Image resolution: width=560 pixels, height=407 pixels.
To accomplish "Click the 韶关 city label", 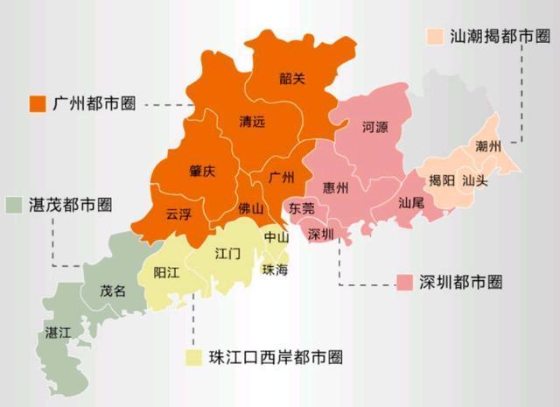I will (293, 79).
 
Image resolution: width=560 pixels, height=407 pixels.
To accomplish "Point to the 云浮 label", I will (178, 213).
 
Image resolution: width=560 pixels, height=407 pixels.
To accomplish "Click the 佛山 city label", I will (250, 209).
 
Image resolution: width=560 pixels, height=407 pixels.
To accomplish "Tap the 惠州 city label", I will (335, 187).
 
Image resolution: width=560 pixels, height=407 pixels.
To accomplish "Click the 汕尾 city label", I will (411, 201).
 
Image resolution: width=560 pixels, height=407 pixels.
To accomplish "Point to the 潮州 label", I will (487, 146).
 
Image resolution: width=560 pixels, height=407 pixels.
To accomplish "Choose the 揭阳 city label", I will (441, 181).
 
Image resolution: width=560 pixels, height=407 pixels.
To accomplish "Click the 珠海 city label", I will (274, 270).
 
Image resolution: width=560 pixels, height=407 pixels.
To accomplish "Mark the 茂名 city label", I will (113, 291).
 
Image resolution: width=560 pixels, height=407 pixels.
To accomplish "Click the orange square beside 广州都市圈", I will (38, 103).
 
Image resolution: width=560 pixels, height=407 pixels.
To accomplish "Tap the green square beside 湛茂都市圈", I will (13, 206).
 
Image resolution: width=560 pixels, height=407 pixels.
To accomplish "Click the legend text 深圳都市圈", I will (459, 282).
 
